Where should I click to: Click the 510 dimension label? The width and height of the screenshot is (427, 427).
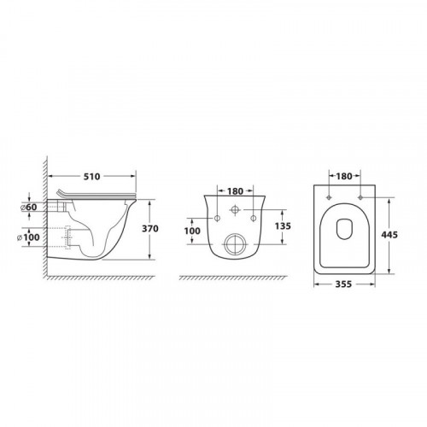point(91,177)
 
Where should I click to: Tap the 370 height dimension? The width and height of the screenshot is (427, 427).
point(150,229)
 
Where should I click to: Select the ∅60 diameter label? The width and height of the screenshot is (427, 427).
point(29,208)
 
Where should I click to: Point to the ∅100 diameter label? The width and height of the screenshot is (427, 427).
point(28,237)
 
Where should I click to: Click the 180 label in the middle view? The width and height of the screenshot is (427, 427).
point(235,191)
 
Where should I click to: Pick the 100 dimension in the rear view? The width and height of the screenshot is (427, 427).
point(192,231)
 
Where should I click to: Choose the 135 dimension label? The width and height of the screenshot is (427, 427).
point(283,226)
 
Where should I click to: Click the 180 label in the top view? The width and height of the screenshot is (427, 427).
point(344,177)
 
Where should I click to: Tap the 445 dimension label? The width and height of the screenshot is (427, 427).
point(389,235)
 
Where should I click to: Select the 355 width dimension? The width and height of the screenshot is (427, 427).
point(343,284)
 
